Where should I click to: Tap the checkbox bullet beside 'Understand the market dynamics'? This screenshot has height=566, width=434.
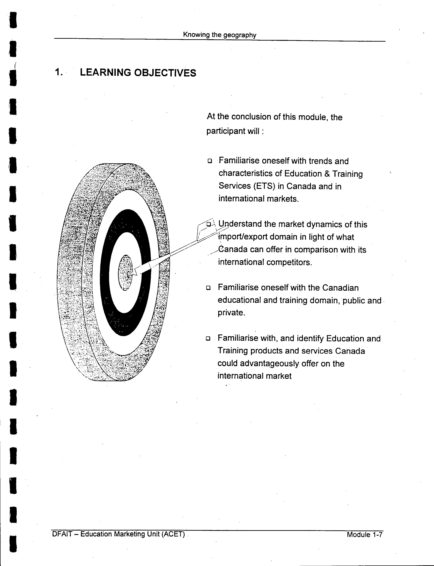pos(209,224)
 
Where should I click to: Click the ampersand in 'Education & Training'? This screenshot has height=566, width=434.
pos(327,174)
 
